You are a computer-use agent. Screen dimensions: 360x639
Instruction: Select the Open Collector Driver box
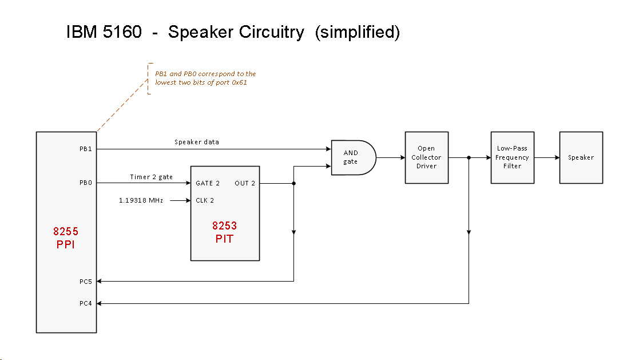tap(426, 157)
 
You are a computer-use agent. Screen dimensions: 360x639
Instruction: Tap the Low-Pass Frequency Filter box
tap(512, 157)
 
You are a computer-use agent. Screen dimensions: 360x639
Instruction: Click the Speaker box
tap(581, 157)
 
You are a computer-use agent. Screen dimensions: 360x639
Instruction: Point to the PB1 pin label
tap(86, 149)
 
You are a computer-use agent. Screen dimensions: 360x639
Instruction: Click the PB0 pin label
tap(86, 183)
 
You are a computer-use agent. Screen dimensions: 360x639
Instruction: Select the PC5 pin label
tap(86, 281)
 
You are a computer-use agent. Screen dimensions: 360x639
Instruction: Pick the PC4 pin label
tap(86, 303)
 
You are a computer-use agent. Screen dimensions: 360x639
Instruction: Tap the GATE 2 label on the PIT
tap(208, 184)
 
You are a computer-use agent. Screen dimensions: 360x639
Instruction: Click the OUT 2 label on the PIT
tap(245, 184)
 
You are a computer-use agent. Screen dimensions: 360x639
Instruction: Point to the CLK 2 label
tap(204, 200)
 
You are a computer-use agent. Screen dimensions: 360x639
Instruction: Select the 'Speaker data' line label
tap(196, 142)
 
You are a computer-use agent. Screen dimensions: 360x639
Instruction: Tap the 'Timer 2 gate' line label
tap(151, 177)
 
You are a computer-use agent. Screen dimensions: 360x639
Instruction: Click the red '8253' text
tap(224, 226)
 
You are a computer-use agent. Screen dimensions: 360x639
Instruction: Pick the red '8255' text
tap(65, 232)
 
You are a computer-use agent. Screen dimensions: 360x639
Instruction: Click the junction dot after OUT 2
tap(293, 184)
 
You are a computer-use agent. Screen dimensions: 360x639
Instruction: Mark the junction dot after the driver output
tap(469, 157)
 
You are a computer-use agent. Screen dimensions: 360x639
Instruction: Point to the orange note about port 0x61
tap(205, 78)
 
